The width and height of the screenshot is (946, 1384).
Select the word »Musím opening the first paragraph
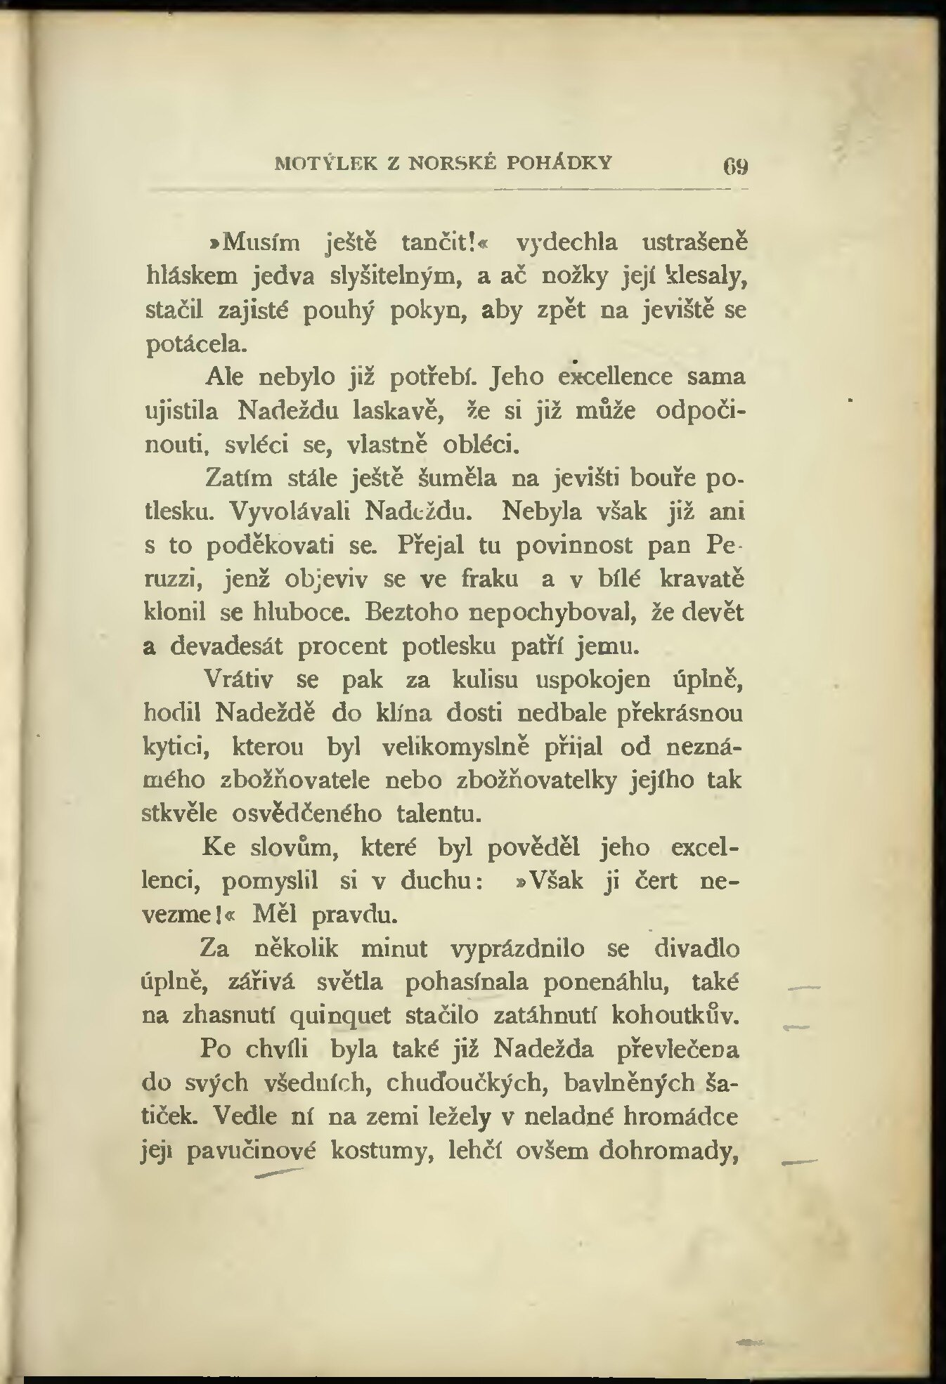tap(251, 243)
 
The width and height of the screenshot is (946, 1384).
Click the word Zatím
tap(238, 478)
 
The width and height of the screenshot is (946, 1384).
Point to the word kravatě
tap(702, 579)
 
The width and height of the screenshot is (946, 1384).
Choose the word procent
tap(342, 646)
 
